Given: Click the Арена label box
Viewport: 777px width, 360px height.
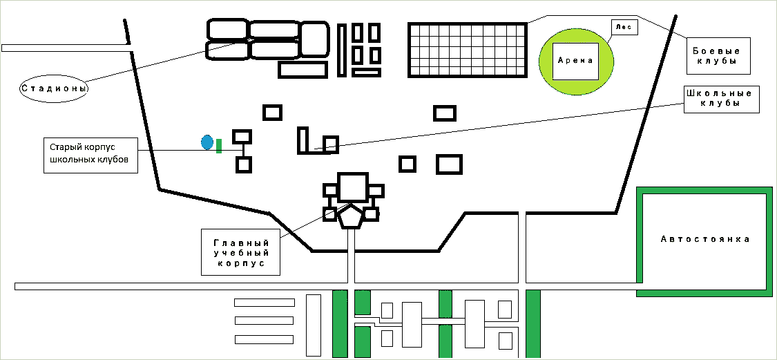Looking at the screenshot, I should point(575,60).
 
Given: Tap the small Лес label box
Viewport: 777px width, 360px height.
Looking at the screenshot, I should point(623,28).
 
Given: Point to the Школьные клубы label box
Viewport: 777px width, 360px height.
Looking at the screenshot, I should point(722,99).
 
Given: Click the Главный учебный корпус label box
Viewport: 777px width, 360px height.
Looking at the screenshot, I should point(240,252).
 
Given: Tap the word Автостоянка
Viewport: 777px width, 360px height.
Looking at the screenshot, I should point(704,239).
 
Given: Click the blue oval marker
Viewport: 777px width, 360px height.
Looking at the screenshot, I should point(207,142).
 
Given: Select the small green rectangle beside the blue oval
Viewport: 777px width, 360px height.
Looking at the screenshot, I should point(219,146).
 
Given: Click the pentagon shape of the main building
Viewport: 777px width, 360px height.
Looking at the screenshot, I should point(351,217).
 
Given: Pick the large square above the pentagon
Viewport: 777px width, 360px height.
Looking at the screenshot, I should point(352,187).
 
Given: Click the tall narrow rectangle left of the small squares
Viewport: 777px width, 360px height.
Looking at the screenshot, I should point(341,50).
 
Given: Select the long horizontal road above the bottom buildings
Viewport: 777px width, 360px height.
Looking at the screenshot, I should point(262,286).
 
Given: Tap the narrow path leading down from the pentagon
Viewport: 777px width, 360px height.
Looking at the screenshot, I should point(350,256).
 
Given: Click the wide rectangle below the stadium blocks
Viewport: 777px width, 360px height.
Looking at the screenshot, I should point(303,69).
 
